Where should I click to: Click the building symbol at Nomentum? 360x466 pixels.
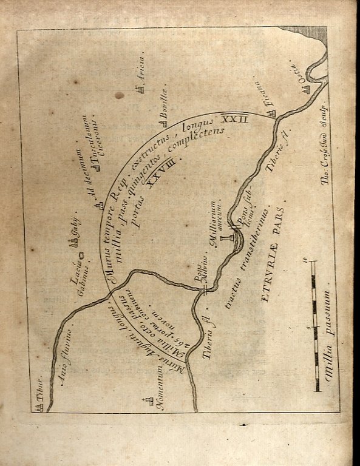point(146,402)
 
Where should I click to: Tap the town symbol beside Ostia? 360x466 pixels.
point(307,89)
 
